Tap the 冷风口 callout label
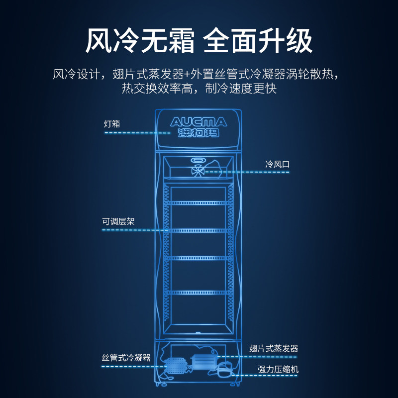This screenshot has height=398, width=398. click(x=277, y=164)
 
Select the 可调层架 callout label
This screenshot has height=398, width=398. click(x=118, y=222)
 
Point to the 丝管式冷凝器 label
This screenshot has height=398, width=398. click(x=126, y=358)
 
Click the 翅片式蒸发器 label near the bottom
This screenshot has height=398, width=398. click(x=274, y=348)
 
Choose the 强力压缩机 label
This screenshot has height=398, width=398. click(x=278, y=369)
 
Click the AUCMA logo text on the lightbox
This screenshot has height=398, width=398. click(x=199, y=122)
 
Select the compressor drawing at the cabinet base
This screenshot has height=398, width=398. click(x=225, y=369)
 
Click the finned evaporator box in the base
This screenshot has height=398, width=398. click(x=202, y=362)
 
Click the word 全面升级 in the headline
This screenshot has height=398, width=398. click(x=259, y=41)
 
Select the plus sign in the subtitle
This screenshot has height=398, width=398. click(x=187, y=75)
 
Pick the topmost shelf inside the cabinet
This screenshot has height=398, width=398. click(x=199, y=202)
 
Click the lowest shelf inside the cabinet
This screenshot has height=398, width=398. click(x=199, y=293)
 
